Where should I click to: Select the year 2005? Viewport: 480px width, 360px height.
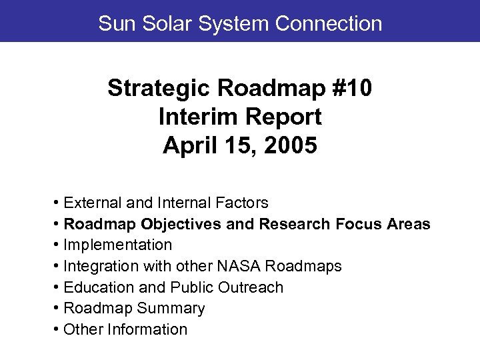click(291, 146)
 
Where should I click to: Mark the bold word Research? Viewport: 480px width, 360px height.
click(293, 224)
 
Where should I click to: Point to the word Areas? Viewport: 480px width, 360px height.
click(407, 224)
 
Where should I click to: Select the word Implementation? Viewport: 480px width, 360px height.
click(117, 245)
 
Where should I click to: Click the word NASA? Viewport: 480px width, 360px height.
click(240, 267)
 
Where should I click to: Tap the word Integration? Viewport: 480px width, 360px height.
click(97, 267)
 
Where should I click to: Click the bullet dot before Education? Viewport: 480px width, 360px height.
click(58, 287)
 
